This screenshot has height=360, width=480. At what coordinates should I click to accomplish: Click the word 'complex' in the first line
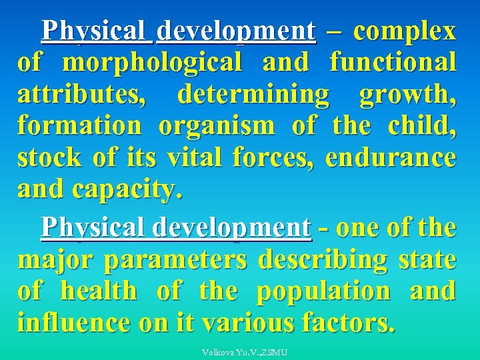coord(405,31)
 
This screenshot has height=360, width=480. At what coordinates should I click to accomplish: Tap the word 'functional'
coord(393,63)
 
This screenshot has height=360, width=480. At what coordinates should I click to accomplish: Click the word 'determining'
coord(253,95)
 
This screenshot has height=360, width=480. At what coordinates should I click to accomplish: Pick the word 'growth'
coord(407,95)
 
